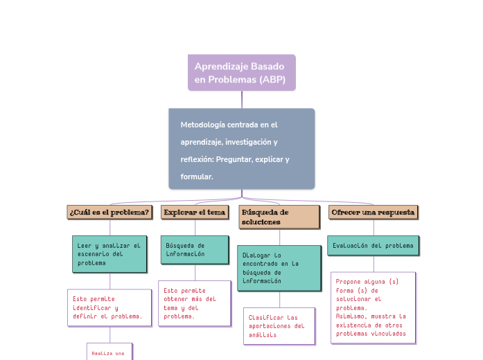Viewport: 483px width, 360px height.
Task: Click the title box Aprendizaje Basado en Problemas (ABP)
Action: point(241,73)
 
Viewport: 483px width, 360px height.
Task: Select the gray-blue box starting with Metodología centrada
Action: point(241,148)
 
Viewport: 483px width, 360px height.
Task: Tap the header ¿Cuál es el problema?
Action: point(109,212)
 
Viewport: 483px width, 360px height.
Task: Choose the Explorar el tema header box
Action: point(195,212)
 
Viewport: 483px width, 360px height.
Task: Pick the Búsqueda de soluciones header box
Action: point(279,217)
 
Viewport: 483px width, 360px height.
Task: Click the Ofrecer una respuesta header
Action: point(373,212)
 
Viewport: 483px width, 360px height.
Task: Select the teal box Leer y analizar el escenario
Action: point(109,254)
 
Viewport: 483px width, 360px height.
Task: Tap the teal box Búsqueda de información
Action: point(195,250)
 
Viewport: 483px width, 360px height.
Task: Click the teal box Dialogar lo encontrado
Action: point(279,268)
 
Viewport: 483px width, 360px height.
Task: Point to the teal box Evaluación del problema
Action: point(373,246)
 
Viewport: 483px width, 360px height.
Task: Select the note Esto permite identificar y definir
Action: point(109,307)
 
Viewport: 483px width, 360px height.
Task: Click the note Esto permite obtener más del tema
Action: point(194,303)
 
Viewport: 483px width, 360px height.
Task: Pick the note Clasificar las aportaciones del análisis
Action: point(279,325)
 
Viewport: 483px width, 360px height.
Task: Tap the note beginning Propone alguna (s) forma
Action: point(373,307)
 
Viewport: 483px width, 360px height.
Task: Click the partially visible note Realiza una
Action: point(109,352)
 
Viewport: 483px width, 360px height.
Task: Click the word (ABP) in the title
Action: point(272,80)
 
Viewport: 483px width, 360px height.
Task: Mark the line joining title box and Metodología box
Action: point(242,99)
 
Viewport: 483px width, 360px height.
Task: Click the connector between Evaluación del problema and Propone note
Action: point(374,264)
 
